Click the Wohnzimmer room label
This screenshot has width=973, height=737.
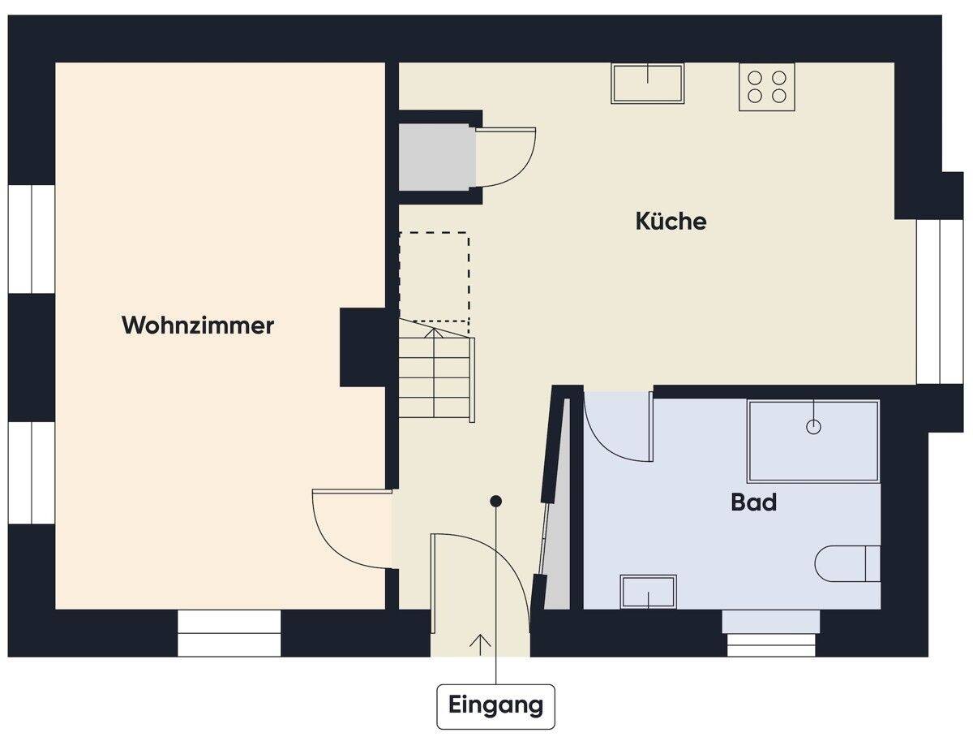pyautogui.click(x=198, y=325)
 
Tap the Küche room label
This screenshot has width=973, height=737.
pyautogui.click(x=671, y=221)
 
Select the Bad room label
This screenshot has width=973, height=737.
pyautogui.click(x=753, y=502)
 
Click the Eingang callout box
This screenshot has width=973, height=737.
pyautogui.click(x=495, y=705)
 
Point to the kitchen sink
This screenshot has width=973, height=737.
pyautogui.click(x=647, y=83)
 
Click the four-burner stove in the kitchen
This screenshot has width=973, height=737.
pyautogui.click(x=766, y=86)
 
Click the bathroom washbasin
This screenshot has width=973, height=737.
pyautogui.click(x=648, y=592)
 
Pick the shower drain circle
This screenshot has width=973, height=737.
pyautogui.click(x=814, y=426)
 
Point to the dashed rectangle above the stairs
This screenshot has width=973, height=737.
pyautogui.click(x=435, y=277)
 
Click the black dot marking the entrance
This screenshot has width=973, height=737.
pyautogui.click(x=495, y=502)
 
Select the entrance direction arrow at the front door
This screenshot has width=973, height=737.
pyautogui.click(x=480, y=643)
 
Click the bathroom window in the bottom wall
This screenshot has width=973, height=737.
pyautogui.click(x=771, y=633)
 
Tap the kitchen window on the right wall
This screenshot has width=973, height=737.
pyautogui.click(x=928, y=301)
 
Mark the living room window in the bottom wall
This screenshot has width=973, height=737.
pyautogui.click(x=229, y=633)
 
